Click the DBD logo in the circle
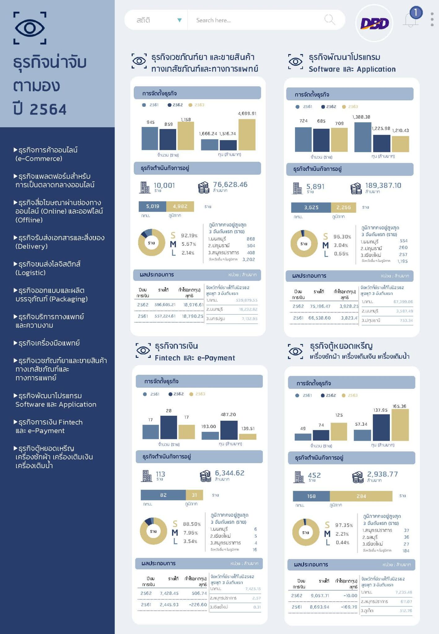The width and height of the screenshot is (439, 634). pyautogui.click(x=374, y=24)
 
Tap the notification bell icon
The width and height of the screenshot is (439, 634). pyautogui.click(x=410, y=20)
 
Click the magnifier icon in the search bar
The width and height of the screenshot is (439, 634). pyautogui.click(x=329, y=20)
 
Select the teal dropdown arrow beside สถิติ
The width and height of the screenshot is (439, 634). pyautogui.click(x=179, y=20)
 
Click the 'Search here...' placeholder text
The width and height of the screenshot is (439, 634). pyautogui.click(x=213, y=20)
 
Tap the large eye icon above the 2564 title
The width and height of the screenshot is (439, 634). pyautogui.click(x=30, y=28)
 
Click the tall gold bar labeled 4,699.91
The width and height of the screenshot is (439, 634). pyautogui.click(x=247, y=134)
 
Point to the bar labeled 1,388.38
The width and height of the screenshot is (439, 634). pyautogui.click(x=363, y=137)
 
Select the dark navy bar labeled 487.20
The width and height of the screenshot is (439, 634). pyautogui.click(x=229, y=430)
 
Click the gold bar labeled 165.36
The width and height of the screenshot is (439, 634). pyautogui.click(x=400, y=425)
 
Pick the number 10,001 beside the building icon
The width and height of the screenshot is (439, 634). pyautogui.click(x=164, y=185)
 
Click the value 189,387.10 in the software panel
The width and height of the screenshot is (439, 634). pyautogui.click(x=383, y=185)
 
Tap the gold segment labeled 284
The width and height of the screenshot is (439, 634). pyautogui.click(x=361, y=496)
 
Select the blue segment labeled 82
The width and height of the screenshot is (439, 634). pyautogui.click(x=163, y=495)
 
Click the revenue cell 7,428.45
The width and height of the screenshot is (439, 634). pyautogui.click(x=169, y=593)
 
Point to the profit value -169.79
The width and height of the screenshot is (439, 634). pyautogui.click(x=349, y=607)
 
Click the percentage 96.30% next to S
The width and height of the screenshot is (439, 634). pyautogui.click(x=342, y=237)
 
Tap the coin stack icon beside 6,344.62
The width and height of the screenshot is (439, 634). pyautogui.click(x=205, y=476)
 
